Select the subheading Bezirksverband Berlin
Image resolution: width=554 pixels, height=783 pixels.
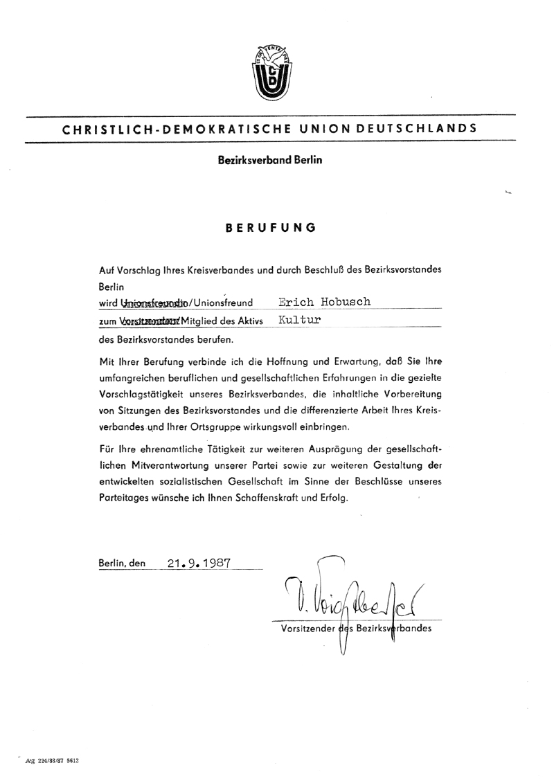click(270, 160)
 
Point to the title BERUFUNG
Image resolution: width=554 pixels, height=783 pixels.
click(271, 227)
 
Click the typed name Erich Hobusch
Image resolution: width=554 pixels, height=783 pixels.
click(325, 302)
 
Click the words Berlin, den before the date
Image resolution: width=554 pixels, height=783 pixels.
click(123, 564)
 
